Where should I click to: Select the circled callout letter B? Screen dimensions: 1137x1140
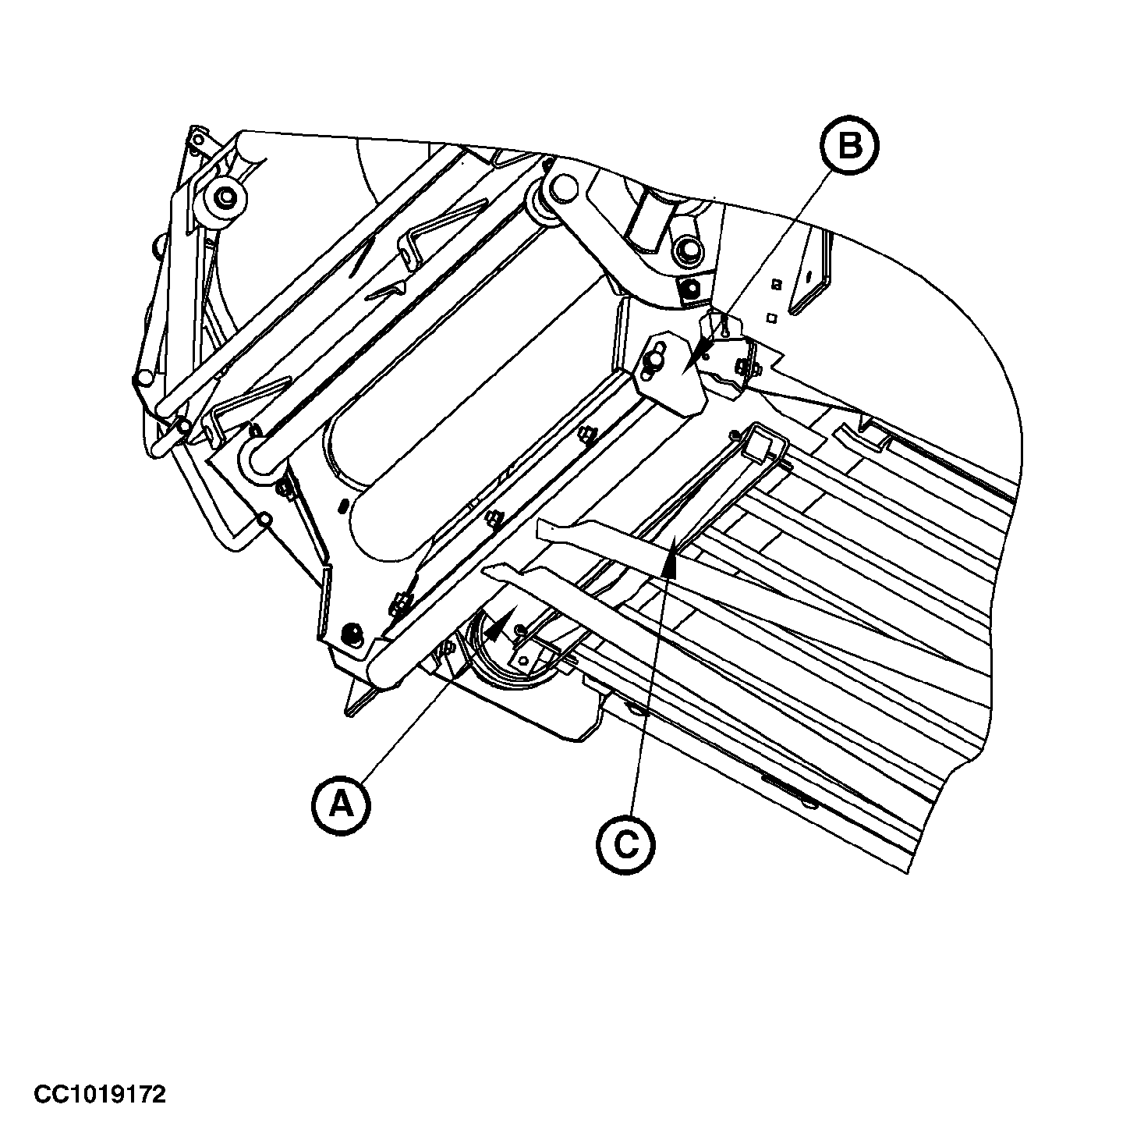pyautogui.click(x=850, y=145)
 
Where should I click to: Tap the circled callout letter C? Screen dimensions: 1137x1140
pyautogui.click(x=625, y=844)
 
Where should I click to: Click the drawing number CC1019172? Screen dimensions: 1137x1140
pyautogui.click(x=100, y=1061)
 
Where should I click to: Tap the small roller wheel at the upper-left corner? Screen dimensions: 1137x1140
pyautogui.click(x=224, y=197)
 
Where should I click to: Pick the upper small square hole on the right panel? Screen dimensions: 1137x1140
pyautogui.click(x=777, y=285)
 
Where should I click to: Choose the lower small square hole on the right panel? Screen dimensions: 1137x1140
pyautogui.click(x=770, y=318)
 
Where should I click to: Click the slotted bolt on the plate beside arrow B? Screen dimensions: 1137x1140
pyautogui.click(x=654, y=360)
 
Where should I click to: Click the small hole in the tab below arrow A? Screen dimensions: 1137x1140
pyautogui.click(x=522, y=659)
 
